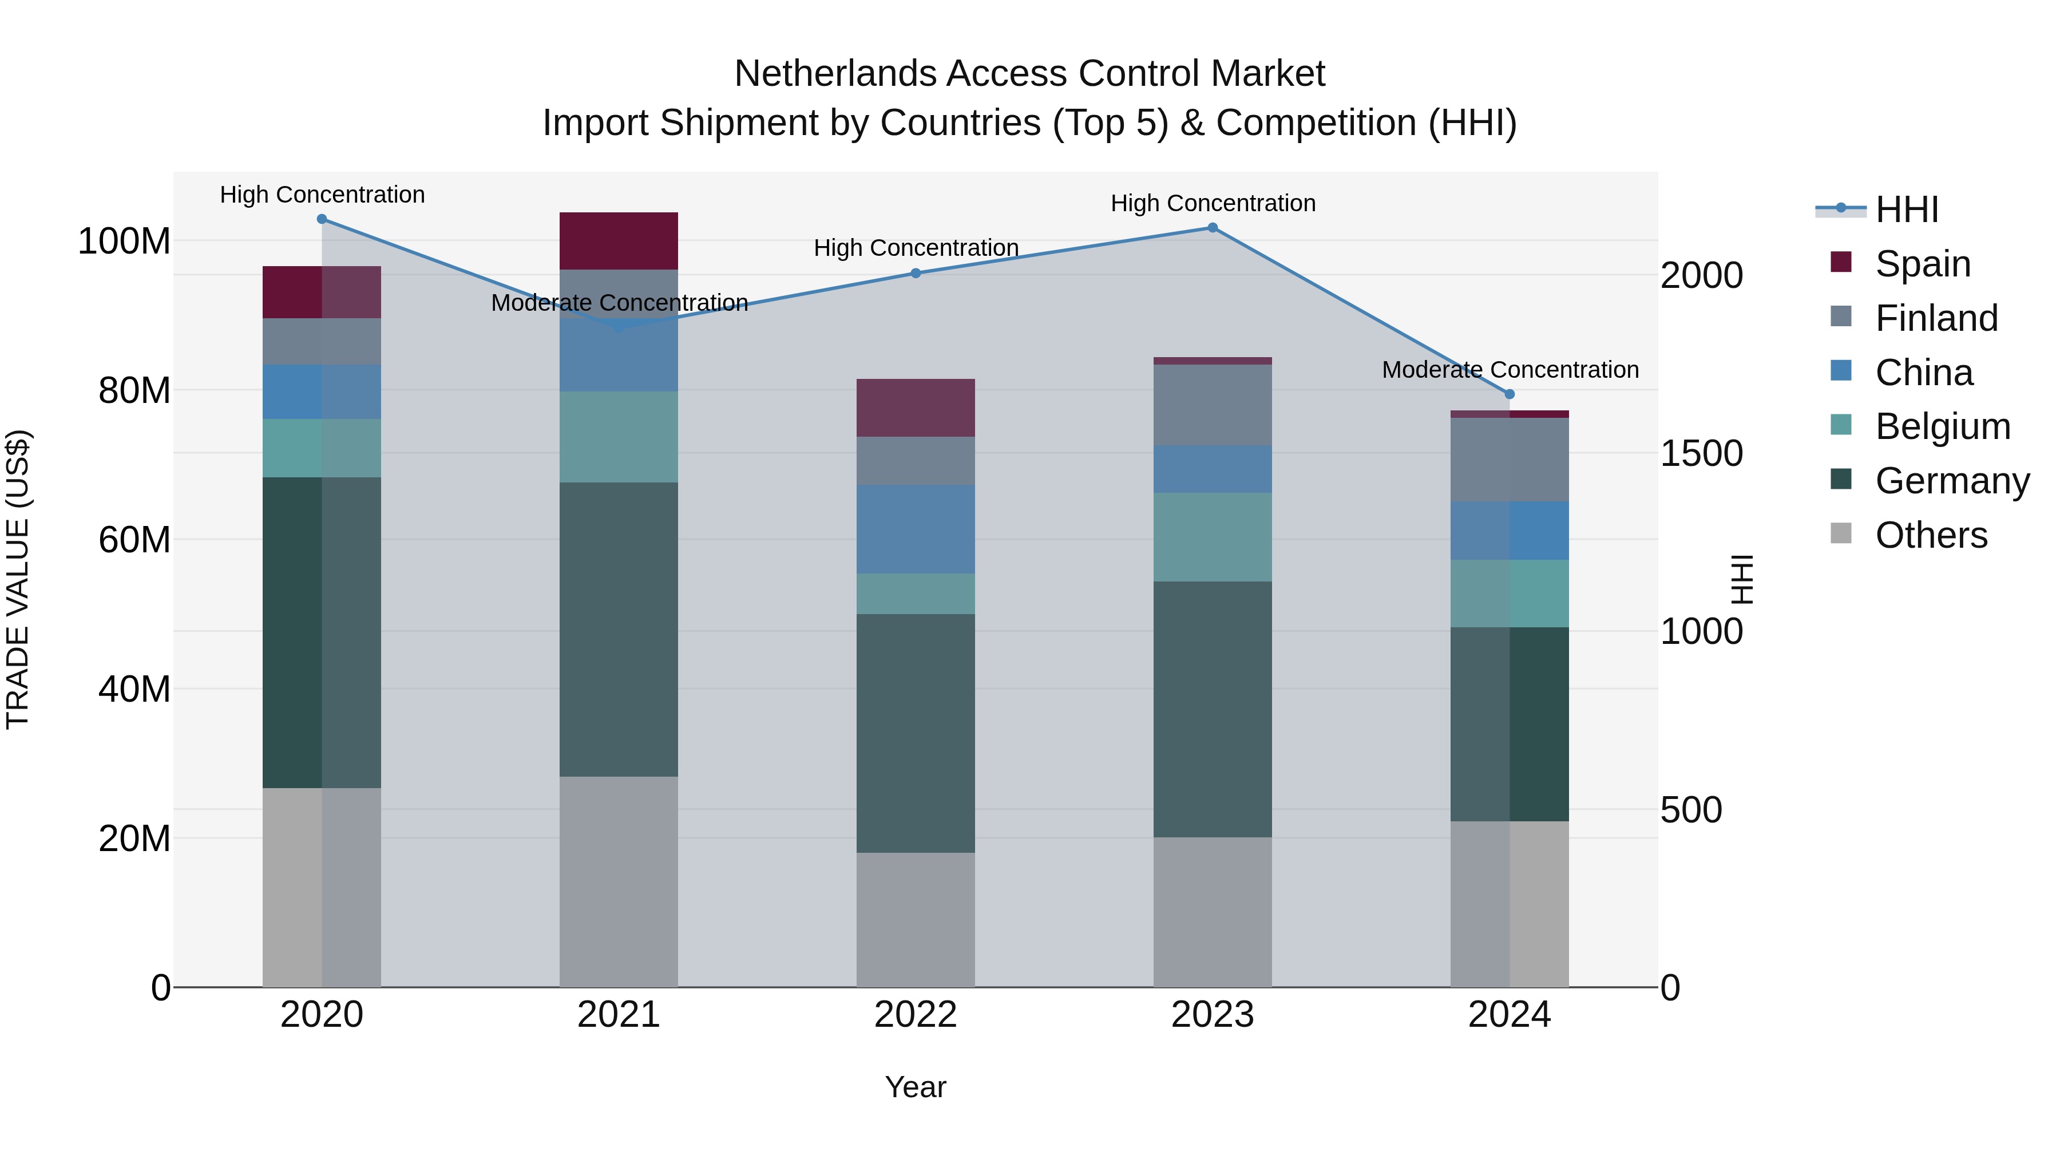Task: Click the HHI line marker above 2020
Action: [322, 219]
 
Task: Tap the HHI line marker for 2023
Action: [1213, 228]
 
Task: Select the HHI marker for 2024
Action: [1510, 394]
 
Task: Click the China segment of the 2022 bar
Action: [916, 529]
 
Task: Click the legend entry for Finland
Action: [1936, 318]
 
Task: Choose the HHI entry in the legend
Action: [1907, 209]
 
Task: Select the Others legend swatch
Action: [1841, 533]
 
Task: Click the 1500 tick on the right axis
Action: [1702, 453]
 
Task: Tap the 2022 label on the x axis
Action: [916, 1015]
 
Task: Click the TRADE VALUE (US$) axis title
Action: [18, 579]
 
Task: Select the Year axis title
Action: [916, 1087]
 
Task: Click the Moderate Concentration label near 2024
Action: [1510, 370]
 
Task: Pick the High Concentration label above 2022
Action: [916, 248]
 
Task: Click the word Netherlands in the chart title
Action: [835, 74]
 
